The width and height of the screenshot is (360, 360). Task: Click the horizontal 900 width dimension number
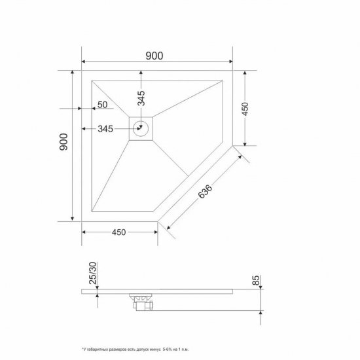tap(154, 56)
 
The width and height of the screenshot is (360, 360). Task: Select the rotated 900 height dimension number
tap(63, 143)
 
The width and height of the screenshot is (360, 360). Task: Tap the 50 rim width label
tap(103, 105)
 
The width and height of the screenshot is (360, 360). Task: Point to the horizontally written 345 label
tap(105, 129)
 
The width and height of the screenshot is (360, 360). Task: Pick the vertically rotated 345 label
tap(141, 98)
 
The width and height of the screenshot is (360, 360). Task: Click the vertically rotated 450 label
tap(245, 109)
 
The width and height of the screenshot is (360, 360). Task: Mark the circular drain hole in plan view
tap(141, 128)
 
